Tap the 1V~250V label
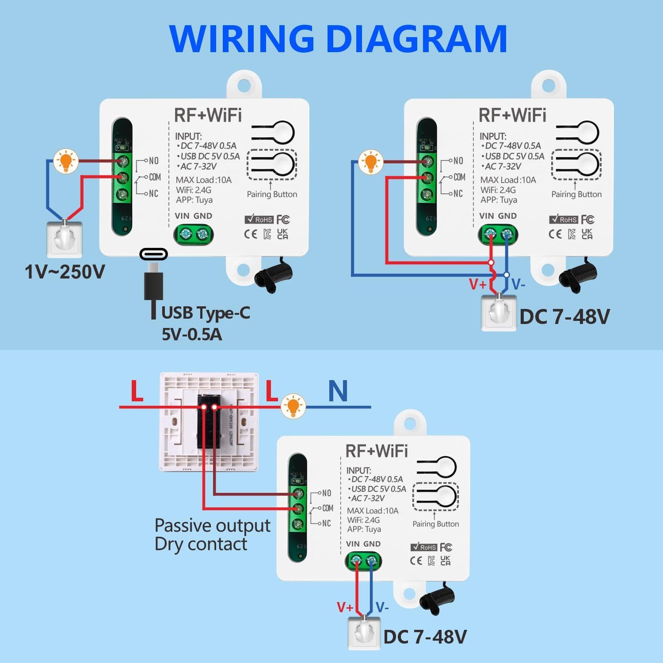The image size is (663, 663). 65,272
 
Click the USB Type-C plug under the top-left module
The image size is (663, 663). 153,278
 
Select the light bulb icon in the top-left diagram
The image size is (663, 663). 66,161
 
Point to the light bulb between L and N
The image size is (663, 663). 293,406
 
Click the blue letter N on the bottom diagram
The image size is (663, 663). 338,391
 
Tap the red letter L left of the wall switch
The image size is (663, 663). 137,391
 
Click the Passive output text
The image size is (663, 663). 212,526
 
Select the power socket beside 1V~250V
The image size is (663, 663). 65,239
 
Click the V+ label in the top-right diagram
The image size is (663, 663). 477,284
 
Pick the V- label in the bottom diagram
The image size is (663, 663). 382,607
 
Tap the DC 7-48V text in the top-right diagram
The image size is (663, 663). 564,317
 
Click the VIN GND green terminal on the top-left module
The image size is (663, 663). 194,234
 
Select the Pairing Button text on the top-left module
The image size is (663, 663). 272,194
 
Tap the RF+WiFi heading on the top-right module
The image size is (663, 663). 512,115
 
